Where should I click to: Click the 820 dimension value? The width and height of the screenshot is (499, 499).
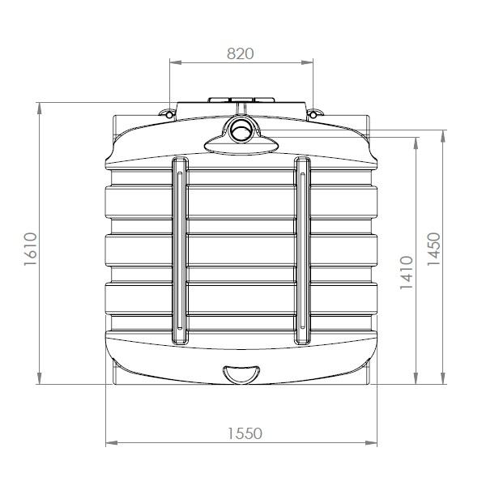click(241, 53)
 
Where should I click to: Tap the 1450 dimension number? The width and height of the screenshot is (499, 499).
click(433, 249)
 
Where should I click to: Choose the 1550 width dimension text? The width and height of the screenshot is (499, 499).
click(242, 433)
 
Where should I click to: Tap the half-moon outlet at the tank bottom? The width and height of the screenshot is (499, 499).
click(241, 373)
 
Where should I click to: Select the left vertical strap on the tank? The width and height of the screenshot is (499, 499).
click(180, 249)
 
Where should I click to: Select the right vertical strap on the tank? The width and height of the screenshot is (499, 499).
click(302, 249)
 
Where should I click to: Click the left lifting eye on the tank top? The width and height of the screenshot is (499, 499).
click(168, 113)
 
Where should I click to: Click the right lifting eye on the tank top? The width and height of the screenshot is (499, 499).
click(315, 113)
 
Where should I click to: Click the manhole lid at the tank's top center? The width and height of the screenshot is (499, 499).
click(241, 104)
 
